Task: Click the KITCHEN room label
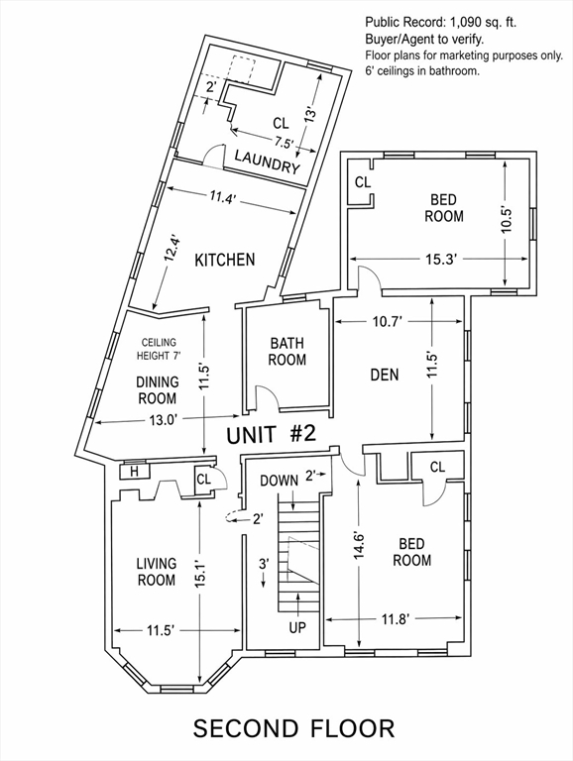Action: [224, 260]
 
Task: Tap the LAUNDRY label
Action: [268, 162]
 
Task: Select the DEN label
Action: [385, 375]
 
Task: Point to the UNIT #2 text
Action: [272, 434]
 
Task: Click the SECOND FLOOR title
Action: [294, 728]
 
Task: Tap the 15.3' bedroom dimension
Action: [441, 260]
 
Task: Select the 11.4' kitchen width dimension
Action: [223, 197]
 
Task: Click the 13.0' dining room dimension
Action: [163, 420]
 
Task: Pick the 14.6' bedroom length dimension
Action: [359, 547]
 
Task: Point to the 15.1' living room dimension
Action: [201, 576]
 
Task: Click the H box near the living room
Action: [134, 472]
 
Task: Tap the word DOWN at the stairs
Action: [280, 481]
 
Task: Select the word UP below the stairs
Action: [297, 627]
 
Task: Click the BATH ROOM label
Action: [287, 352]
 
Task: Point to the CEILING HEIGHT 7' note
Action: [159, 350]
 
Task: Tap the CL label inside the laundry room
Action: [281, 123]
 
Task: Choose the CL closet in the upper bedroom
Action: [363, 182]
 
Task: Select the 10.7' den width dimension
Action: [388, 322]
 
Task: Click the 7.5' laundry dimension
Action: [285, 143]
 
